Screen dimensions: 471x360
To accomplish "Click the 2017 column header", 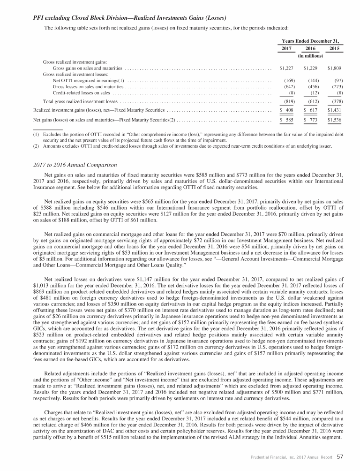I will point(286,48).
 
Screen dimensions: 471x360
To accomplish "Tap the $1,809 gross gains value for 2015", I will point(335,68).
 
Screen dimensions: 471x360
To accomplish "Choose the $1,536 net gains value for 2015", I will point(335,120).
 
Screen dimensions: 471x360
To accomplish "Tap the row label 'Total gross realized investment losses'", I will point(80,101).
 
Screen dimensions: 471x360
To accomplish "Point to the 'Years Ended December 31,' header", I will point(311,41).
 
